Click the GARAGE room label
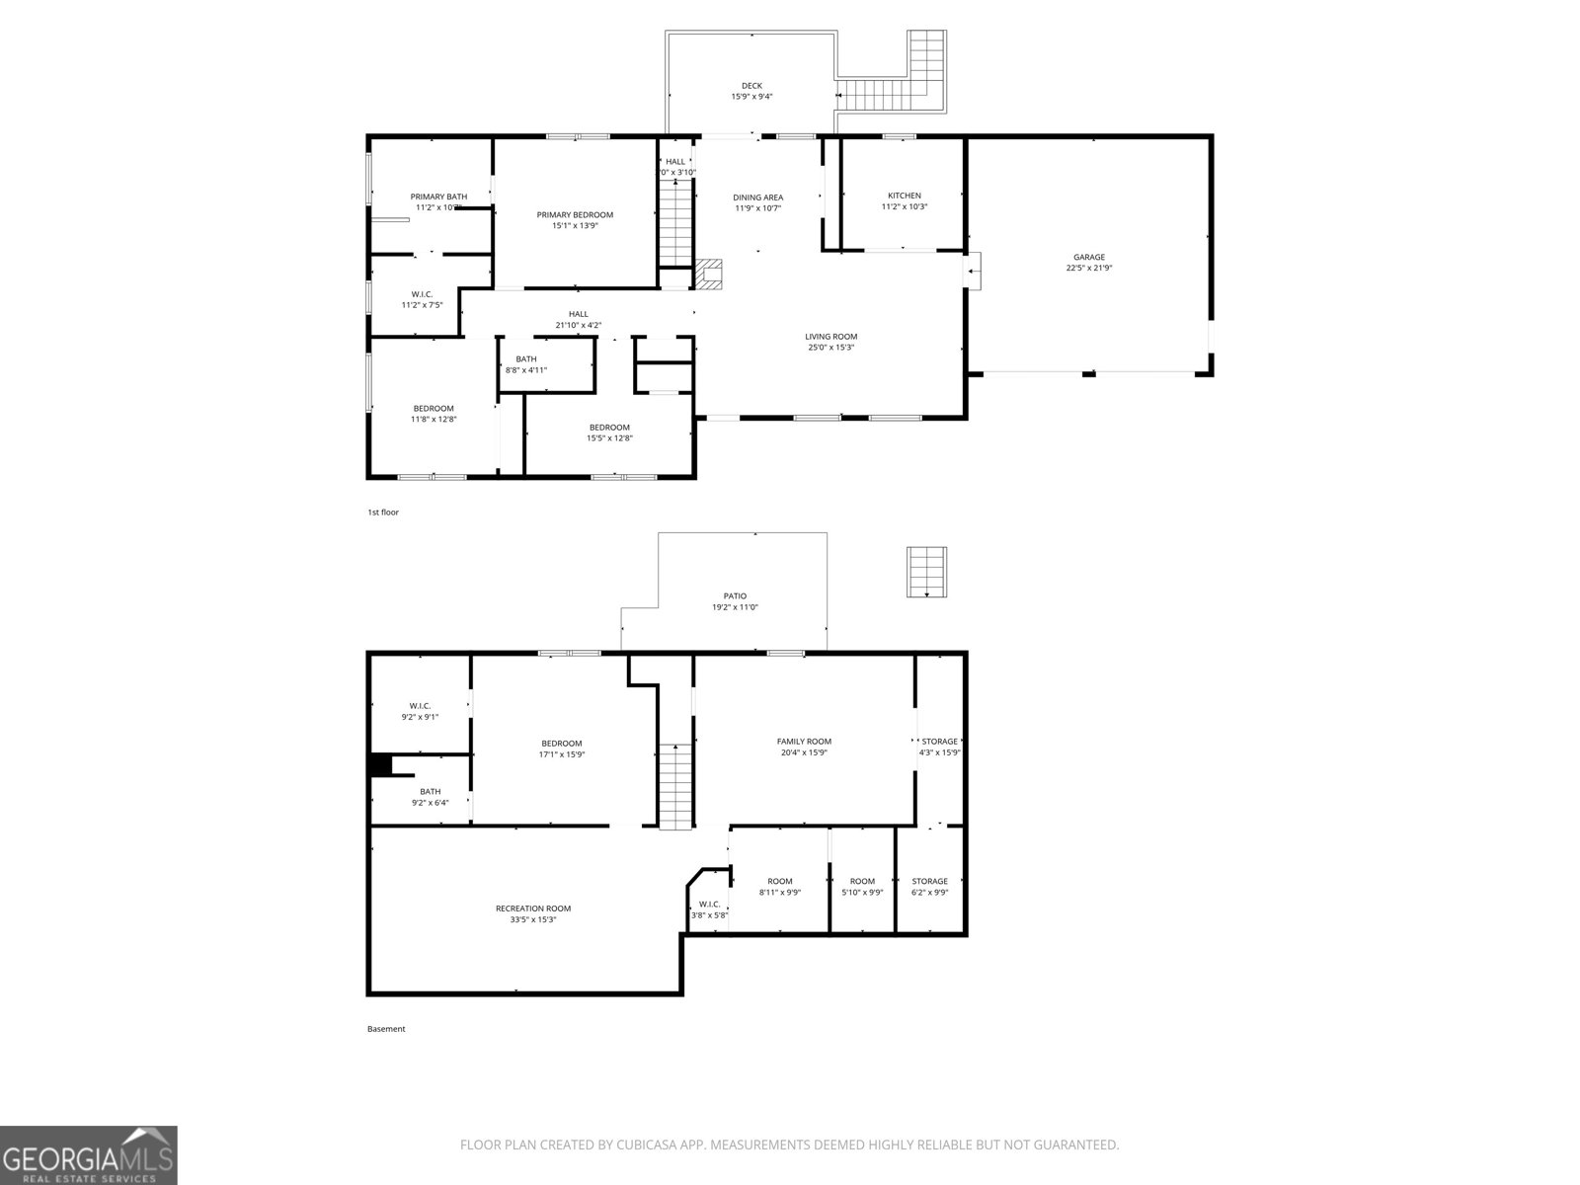pyautogui.click(x=1089, y=257)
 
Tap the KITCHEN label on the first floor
pyautogui.click(x=904, y=196)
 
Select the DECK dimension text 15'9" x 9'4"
pyautogui.click(x=751, y=97)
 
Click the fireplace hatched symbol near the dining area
pyautogui.click(x=709, y=274)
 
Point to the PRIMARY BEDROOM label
pyautogui.click(x=575, y=214)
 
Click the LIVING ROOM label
pyautogui.click(x=830, y=336)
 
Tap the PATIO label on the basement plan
pyautogui.click(x=735, y=595)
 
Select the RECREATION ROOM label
pyautogui.click(x=533, y=908)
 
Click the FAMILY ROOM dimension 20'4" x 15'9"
pyautogui.click(x=804, y=752)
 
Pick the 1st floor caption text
pyautogui.click(x=383, y=513)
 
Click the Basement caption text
pyautogui.click(x=386, y=1029)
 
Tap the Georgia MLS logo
pyautogui.click(x=88, y=1154)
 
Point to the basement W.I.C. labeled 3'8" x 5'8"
pyautogui.click(x=708, y=909)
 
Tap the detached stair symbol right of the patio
pyautogui.click(x=927, y=571)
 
